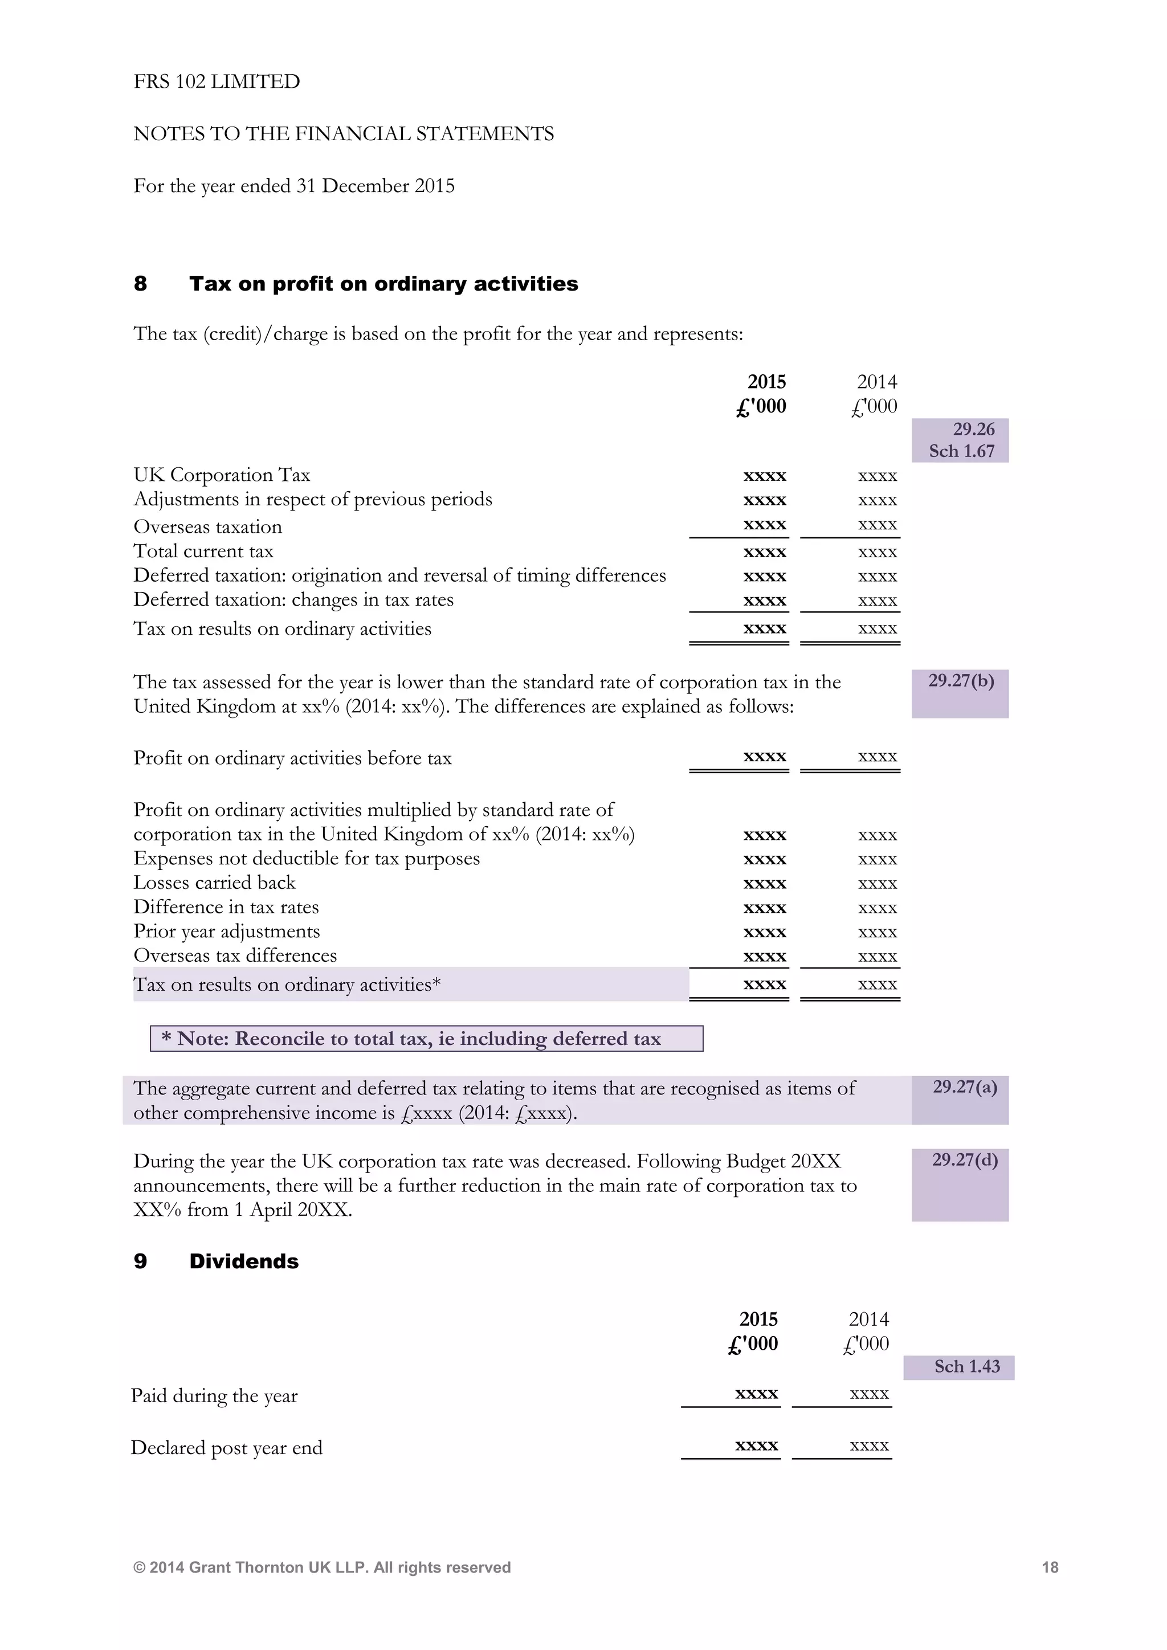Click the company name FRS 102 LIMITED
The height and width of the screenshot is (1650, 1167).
pyautogui.click(x=217, y=81)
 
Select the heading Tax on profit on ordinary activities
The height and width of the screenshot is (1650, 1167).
pyautogui.click(x=383, y=284)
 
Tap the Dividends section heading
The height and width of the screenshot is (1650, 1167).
pyautogui.click(x=244, y=1261)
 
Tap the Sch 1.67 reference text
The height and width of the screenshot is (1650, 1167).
pyautogui.click(x=961, y=451)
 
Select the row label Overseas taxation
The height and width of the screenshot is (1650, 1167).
pyautogui.click(x=207, y=527)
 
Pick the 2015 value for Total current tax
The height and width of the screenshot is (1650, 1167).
pyautogui.click(x=764, y=552)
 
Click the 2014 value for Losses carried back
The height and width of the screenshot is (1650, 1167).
pyautogui.click(x=877, y=883)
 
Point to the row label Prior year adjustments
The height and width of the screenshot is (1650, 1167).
pyautogui.click(x=226, y=932)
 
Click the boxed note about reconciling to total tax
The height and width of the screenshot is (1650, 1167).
pyautogui.click(x=426, y=1039)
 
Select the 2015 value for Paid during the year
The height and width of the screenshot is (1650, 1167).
pyautogui.click(x=756, y=1394)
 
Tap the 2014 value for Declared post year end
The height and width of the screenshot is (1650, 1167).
pyautogui.click(x=869, y=1445)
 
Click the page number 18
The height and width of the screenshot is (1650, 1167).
pyautogui.click(x=1049, y=1567)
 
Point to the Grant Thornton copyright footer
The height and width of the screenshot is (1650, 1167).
pyautogui.click(x=322, y=1567)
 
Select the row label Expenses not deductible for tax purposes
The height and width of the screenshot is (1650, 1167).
pyautogui.click(x=306, y=859)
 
